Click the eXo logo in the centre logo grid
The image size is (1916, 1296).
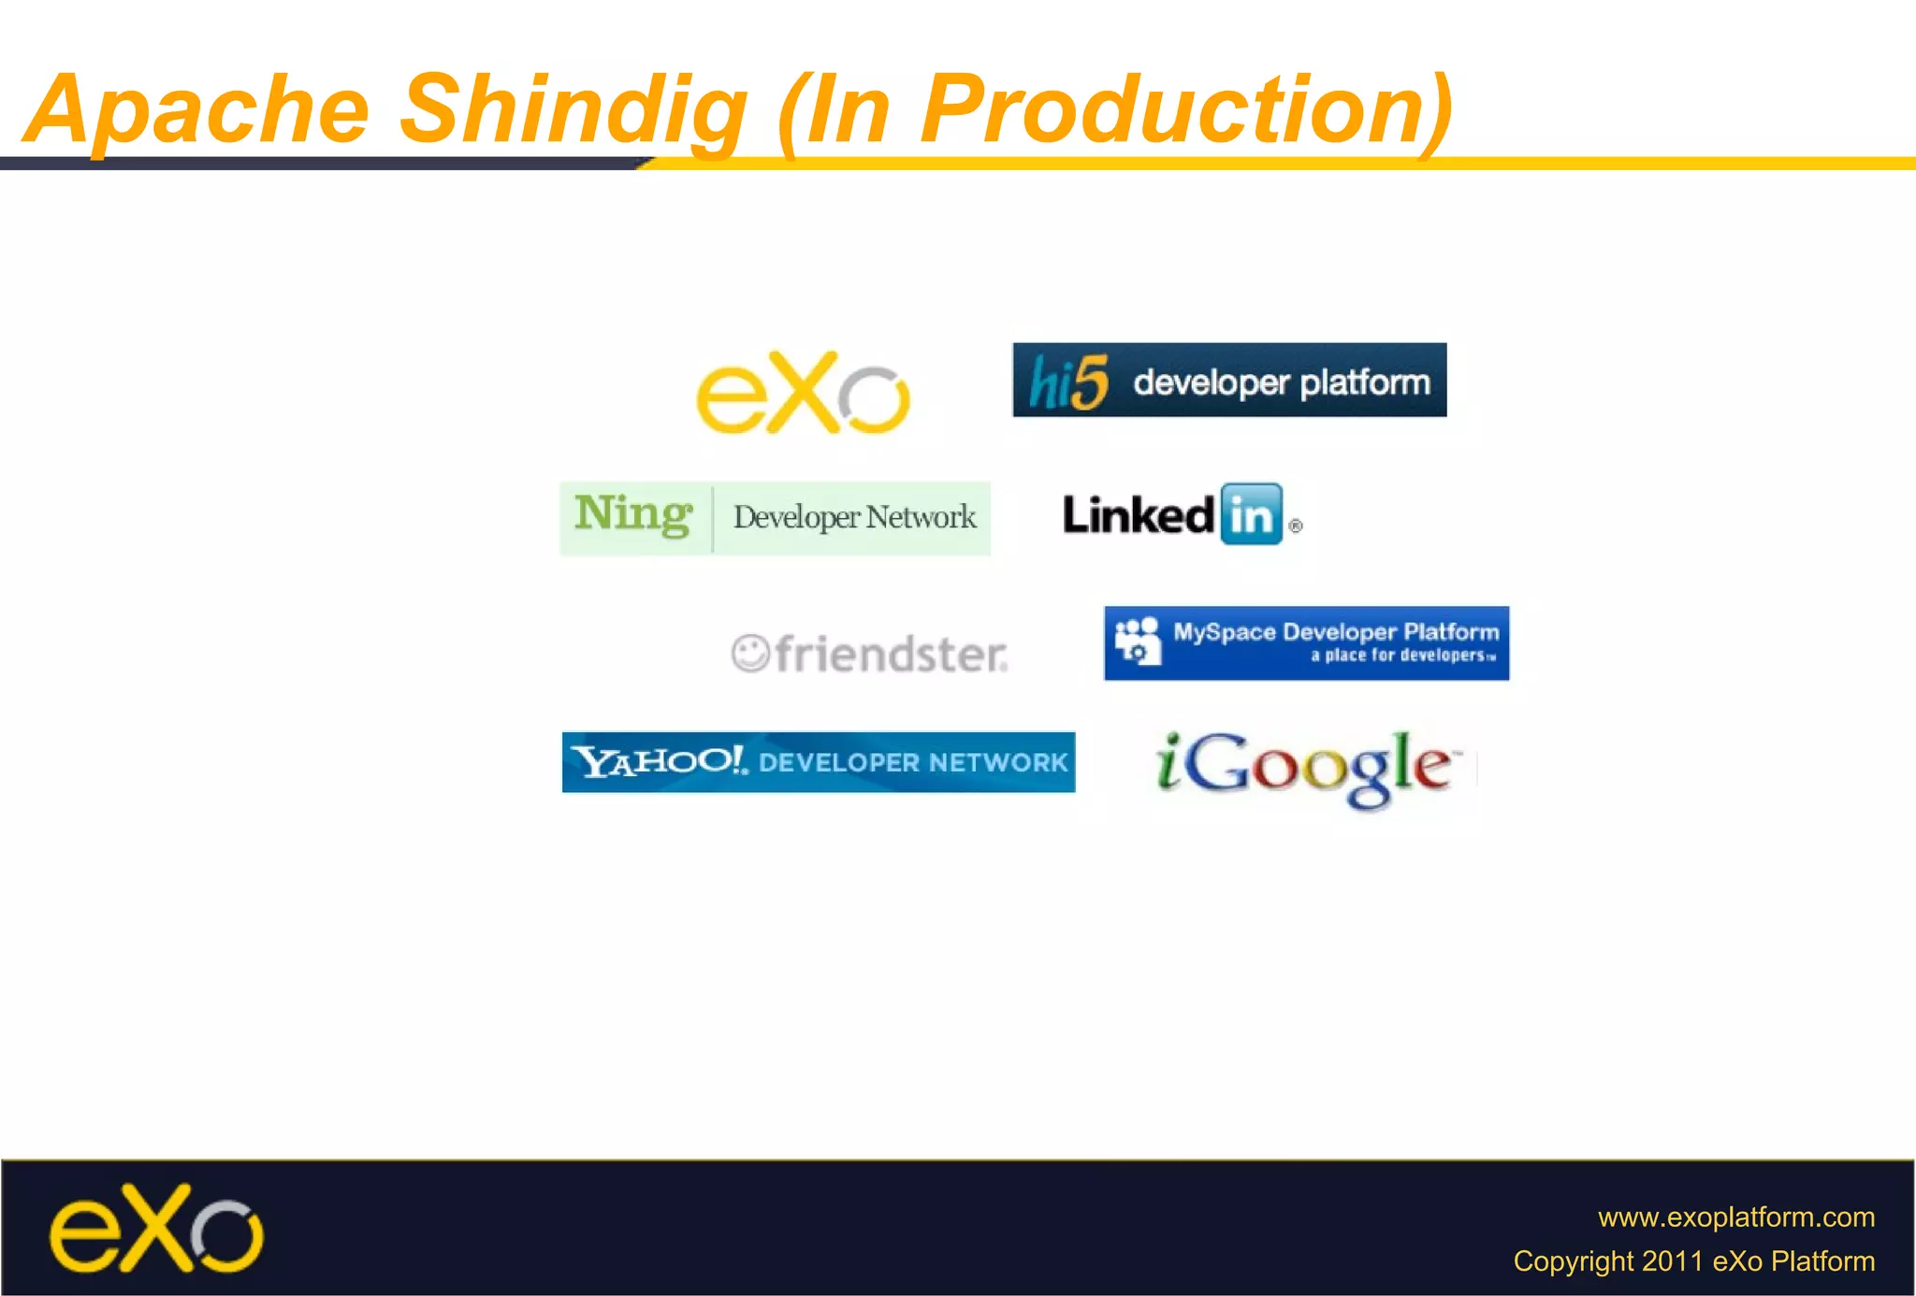[x=803, y=393]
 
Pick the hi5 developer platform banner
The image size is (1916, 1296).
[x=1229, y=381]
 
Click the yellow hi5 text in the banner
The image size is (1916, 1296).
[x=1068, y=382]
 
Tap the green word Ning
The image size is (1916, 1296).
[x=633, y=514]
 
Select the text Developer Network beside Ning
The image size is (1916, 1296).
[x=854, y=517]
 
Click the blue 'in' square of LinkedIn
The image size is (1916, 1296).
[x=1251, y=514]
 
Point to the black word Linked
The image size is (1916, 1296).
[x=1138, y=515]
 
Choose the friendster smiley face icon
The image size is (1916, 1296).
[x=750, y=653]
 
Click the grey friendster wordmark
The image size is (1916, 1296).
[x=891, y=655]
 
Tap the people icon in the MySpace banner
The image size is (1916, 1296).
[x=1138, y=641]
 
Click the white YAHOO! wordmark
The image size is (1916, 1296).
[x=660, y=761]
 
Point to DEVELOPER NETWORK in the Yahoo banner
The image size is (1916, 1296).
[x=913, y=763]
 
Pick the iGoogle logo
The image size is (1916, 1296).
[x=1305, y=767]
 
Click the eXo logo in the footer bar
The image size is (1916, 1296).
[x=156, y=1230]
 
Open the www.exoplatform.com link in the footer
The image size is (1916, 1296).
[x=1735, y=1217]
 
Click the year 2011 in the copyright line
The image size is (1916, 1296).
[x=1673, y=1261]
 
